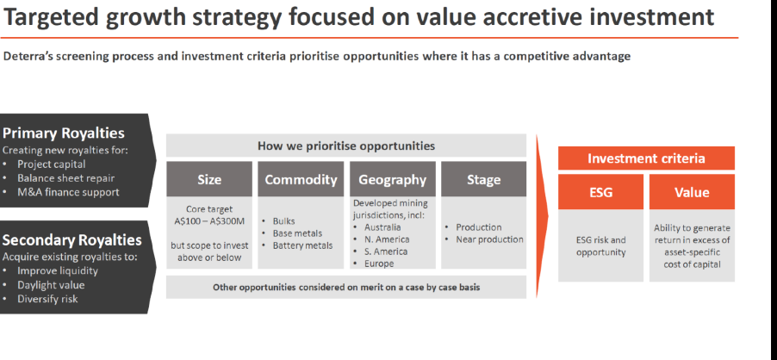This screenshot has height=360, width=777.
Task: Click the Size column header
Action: [209, 179]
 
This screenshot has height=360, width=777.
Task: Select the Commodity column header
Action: [301, 179]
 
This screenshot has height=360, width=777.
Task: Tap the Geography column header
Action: [393, 179]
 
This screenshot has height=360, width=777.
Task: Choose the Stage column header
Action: [483, 179]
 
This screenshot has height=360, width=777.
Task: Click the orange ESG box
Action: [600, 192]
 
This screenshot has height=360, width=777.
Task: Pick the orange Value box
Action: [692, 192]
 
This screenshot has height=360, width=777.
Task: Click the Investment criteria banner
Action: [646, 158]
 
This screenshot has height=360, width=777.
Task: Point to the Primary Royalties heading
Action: [64, 133]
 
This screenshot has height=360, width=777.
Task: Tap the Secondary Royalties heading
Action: [71, 240]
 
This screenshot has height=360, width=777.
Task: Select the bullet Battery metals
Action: [302, 245]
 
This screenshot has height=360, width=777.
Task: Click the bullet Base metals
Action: [297, 233]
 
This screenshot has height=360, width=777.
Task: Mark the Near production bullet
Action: [489, 239]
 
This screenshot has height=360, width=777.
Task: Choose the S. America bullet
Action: [386, 251]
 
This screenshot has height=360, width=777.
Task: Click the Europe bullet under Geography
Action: [379, 264]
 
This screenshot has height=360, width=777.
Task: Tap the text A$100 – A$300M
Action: [209, 221]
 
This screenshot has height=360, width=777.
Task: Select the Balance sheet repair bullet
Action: [66, 178]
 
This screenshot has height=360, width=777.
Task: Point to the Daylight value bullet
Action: [51, 285]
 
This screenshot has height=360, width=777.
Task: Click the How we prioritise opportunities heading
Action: [346, 146]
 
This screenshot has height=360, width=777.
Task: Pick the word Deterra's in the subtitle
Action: [28, 56]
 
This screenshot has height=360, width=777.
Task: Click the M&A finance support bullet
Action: [68, 192]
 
